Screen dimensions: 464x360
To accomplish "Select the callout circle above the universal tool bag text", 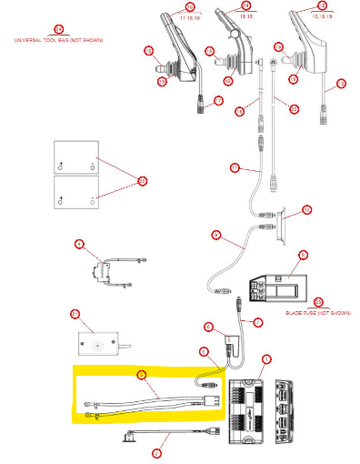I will point(59,30).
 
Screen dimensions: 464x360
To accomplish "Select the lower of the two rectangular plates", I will point(76,193).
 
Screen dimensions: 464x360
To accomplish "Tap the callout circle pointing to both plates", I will point(142,181).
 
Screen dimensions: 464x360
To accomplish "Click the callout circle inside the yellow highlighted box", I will point(141,373).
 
